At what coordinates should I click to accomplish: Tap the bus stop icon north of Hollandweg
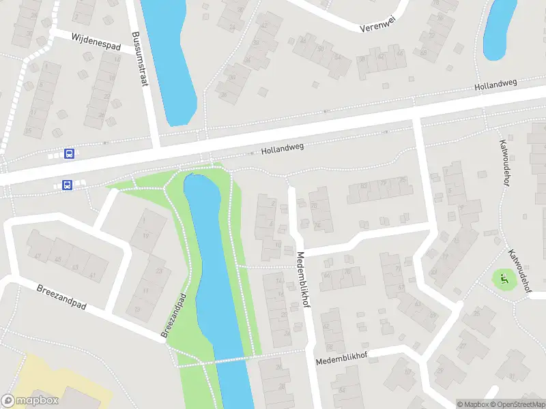[69, 153]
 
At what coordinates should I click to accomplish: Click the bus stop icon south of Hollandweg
[67, 185]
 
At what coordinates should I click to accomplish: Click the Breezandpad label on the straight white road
[61, 297]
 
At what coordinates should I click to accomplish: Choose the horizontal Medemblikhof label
[341, 359]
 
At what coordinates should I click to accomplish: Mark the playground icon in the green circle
[504, 279]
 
